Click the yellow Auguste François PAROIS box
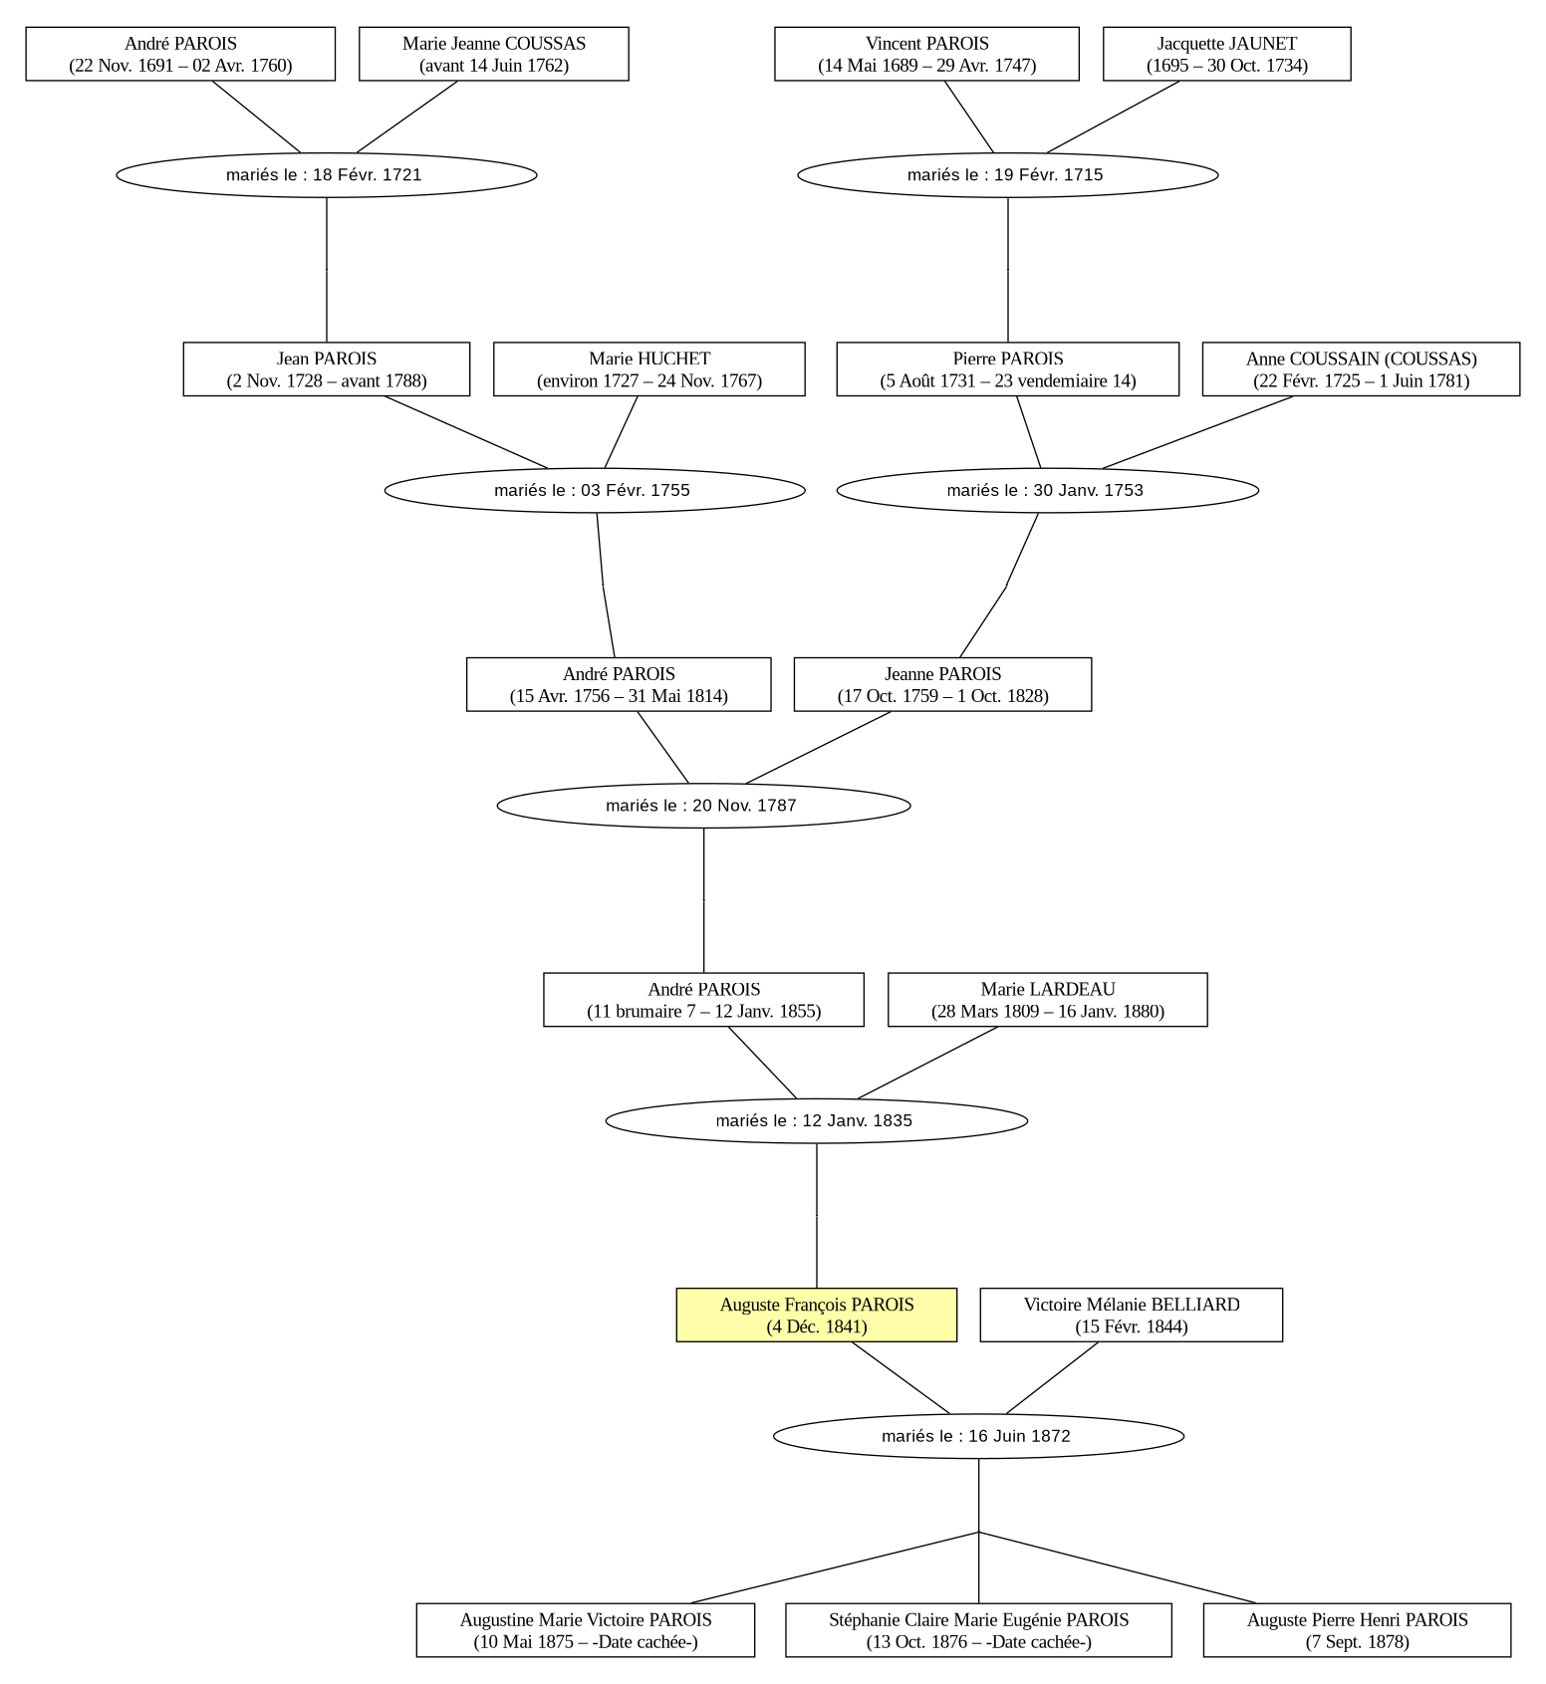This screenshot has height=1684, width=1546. point(816,1315)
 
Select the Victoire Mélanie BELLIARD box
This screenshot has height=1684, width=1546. point(1131,1315)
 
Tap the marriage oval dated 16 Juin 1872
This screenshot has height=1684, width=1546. point(978,1436)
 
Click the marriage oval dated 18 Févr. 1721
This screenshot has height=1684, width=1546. point(327,175)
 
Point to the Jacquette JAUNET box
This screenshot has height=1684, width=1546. point(1226,54)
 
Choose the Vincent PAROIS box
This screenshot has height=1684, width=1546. point(926,54)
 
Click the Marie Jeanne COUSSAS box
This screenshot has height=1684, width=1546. point(493,54)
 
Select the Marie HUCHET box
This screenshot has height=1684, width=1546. point(648,369)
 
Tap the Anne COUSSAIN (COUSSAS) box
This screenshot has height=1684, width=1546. point(1361,369)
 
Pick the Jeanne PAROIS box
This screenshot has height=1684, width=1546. point(942,684)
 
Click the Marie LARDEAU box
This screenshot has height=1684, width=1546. point(1047,1000)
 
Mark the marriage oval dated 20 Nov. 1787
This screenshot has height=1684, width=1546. point(703,806)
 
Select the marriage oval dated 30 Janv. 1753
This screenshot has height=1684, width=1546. point(1047,490)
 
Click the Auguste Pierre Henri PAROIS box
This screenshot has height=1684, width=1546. point(1357,1630)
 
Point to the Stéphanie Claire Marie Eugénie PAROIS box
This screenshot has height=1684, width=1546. point(978,1630)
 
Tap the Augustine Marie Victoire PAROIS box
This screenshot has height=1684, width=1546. point(585,1630)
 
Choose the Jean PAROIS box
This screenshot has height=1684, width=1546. point(326,369)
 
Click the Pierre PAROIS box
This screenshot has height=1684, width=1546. point(1007,369)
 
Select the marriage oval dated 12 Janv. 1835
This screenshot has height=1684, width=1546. point(816,1120)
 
